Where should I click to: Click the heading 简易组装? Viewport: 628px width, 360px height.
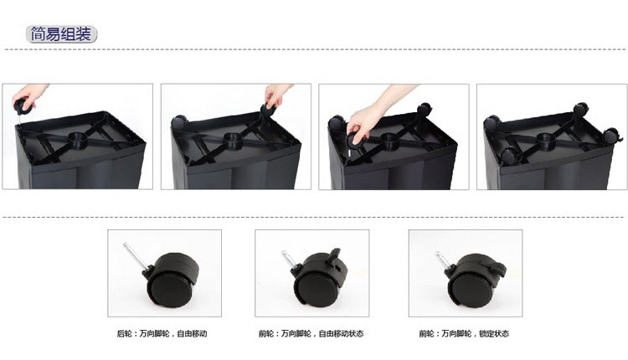click(x=61, y=34)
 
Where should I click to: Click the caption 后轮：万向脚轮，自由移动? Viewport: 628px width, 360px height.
click(x=162, y=333)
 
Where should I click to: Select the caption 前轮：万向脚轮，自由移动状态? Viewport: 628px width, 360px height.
click(x=311, y=333)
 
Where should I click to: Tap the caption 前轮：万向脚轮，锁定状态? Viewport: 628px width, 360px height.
click(x=464, y=333)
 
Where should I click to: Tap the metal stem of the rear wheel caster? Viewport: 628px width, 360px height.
click(x=135, y=256)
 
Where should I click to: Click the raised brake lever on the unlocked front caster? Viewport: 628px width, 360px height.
click(x=335, y=255)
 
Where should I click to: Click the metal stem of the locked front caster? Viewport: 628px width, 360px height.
click(x=444, y=260)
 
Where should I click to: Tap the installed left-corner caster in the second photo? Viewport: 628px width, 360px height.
click(x=179, y=121)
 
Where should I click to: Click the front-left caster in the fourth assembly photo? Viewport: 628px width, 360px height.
click(x=509, y=157)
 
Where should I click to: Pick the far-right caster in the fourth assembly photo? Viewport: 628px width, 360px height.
click(x=612, y=136)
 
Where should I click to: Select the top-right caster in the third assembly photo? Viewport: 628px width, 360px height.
click(x=425, y=110)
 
